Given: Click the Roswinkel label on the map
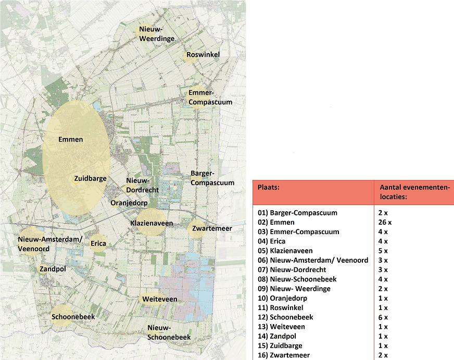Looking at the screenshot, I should [x=203, y=55].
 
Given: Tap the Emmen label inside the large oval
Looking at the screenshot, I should [x=71, y=139].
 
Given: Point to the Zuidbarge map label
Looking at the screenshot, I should [x=90, y=178].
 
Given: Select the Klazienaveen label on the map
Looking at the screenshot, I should [x=152, y=223].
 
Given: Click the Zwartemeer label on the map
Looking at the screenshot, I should [x=212, y=228].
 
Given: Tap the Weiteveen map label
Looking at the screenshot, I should [x=160, y=299].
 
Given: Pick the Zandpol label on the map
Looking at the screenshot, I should [x=53, y=269].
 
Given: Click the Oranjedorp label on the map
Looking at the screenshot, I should [x=129, y=202].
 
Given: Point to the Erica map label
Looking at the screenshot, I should [x=98, y=243].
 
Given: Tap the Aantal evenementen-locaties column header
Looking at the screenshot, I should [x=414, y=192].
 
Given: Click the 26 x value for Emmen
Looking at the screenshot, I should [x=386, y=222].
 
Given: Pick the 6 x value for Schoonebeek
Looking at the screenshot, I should [x=384, y=317].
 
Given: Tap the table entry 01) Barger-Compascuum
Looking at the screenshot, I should [x=297, y=213].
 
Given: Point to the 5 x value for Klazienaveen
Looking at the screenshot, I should [x=384, y=251].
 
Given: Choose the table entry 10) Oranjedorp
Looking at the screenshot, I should [x=282, y=298].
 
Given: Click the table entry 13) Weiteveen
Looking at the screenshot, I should [x=281, y=327].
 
